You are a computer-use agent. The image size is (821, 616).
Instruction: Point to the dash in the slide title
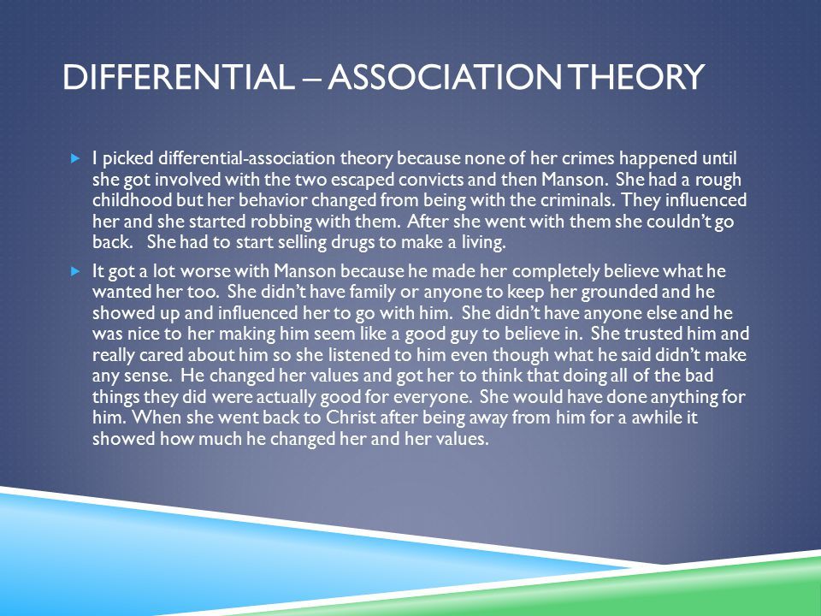[311, 79]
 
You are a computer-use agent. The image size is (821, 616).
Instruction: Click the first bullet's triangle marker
[75, 157]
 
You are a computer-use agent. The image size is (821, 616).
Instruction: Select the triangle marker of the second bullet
[75, 271]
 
